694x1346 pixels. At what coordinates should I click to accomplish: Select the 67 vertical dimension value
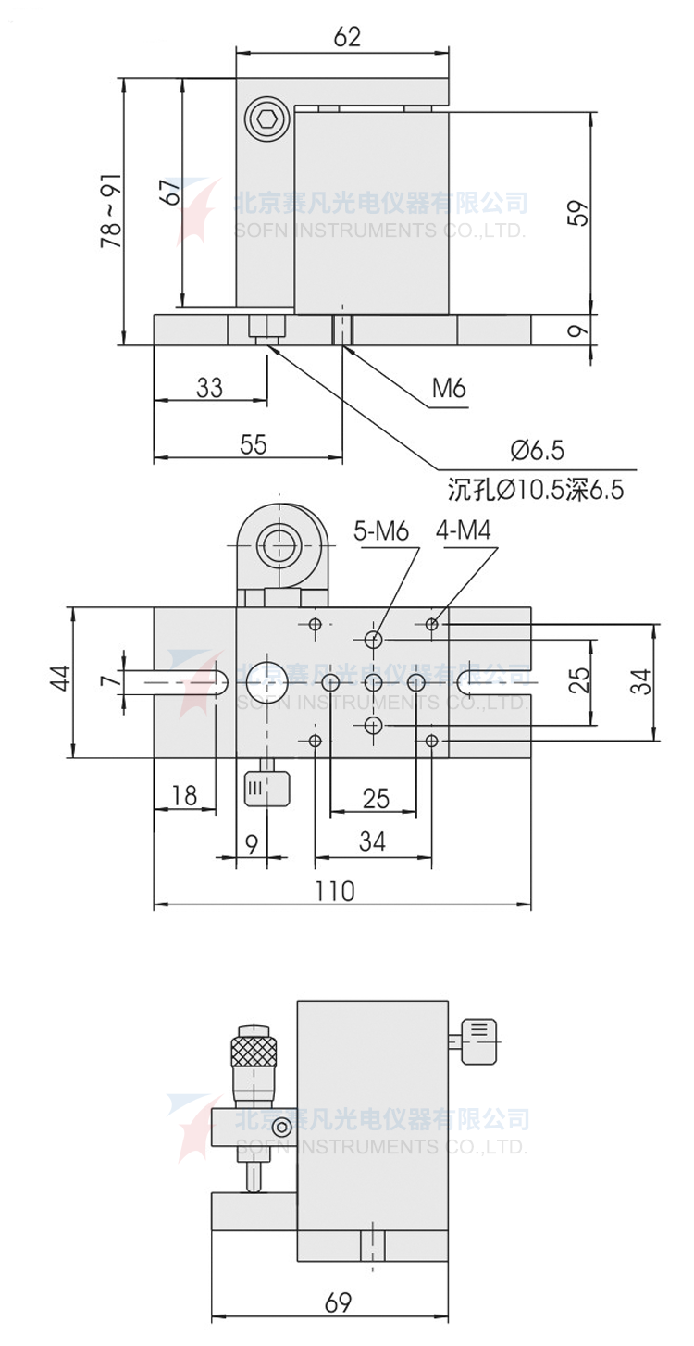point(168,193)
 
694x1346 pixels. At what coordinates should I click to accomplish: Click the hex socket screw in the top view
point(267,120)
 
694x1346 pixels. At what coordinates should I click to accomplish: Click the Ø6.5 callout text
point(536,450)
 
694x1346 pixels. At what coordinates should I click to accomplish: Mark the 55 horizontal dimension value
point(252,444)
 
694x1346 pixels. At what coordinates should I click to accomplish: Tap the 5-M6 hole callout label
point(380,531)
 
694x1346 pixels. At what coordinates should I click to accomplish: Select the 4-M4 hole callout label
point(463,531)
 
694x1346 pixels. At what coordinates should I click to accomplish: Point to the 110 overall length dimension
point(335,891)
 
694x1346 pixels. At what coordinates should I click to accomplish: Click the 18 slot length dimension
point(184,795)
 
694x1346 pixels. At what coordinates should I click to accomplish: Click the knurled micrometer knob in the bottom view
point(254,1052)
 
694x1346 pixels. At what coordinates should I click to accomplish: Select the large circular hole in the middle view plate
point(266,681)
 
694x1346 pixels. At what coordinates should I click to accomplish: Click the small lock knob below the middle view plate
point(266,790)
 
